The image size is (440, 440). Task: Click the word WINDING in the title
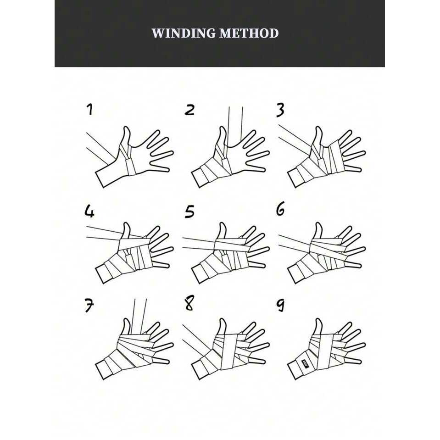tap(184, 33)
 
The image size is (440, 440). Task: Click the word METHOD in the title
tap(249, 33)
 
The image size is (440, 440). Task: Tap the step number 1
tap(89, 110)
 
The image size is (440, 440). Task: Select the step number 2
tap(189, 110)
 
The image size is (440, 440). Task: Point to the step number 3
tap(280, 110)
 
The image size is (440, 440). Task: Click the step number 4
tap(89, 211)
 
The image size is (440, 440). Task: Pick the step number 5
tap(189, 212)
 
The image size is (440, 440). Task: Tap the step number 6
tap(280, 209)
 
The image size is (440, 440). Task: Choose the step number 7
tap(89, 306)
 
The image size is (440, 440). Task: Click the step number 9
tap(280, 305)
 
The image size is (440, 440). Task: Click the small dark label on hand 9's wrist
tap(305, 363)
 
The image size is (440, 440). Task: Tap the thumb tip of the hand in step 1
tap(127, 128)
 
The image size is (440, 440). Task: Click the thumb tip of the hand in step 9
tap(318, 320)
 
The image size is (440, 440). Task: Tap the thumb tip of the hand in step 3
tap(318, 128)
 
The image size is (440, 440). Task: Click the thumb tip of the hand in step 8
tap(223, 320)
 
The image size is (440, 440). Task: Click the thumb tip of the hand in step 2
tap(223, 128)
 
